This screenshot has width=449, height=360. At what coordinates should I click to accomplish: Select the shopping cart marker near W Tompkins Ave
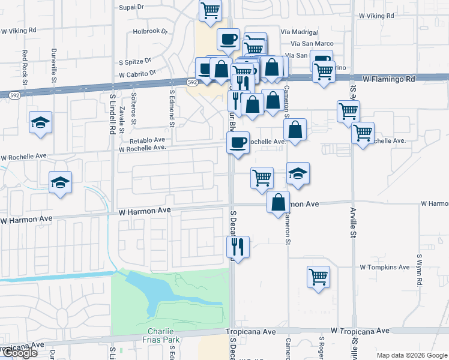tap(318, 277)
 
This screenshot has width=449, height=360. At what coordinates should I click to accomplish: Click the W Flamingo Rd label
tap(389, 79)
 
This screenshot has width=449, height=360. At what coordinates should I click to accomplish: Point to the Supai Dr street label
tap(132, 7)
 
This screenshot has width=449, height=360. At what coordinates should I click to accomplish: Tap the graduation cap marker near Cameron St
tap(298, 173)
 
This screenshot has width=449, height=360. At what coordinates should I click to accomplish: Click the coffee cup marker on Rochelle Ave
tap(238, 143)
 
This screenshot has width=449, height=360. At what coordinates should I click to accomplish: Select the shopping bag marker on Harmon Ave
tap(279, 203)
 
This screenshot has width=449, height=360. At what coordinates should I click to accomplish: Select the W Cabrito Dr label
tap(137, 74)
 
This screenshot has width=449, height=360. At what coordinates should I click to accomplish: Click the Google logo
tap(19, 353)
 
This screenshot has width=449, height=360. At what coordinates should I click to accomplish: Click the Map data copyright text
tap(411, 355)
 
